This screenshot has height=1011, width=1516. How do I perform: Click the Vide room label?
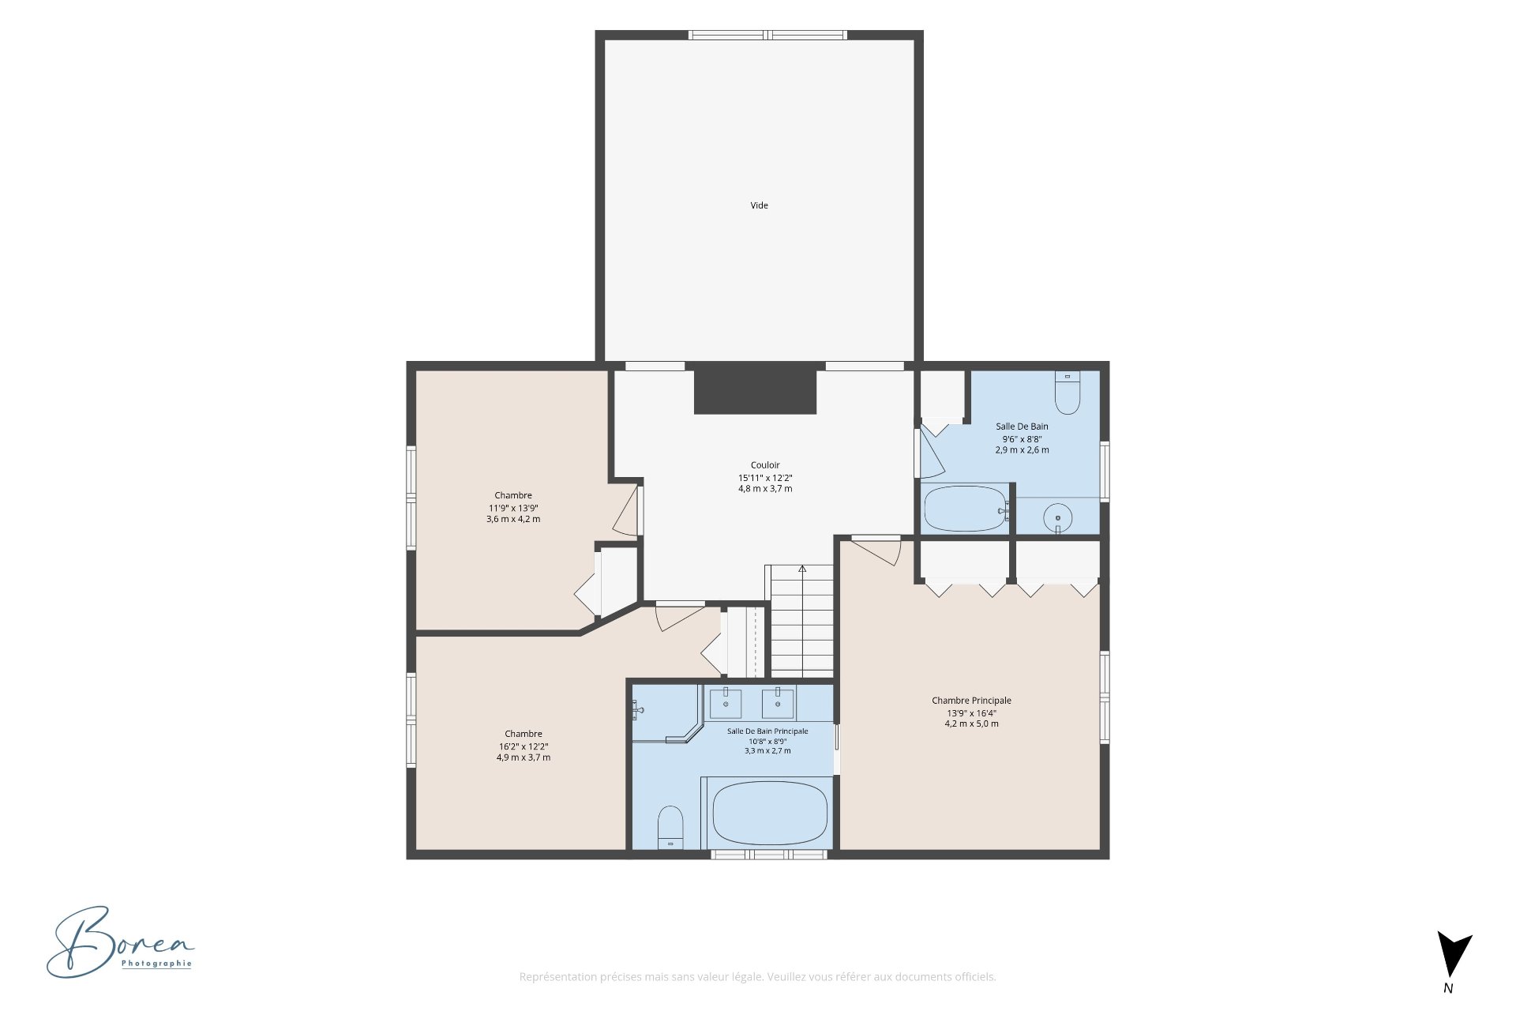point(759,205)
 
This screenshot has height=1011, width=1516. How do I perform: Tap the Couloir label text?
point(765,465)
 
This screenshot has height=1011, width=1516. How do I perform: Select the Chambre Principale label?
point(971,701)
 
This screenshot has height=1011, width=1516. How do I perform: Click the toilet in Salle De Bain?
point(1068,393)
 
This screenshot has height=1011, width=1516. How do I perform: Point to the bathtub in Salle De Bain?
point(965,509)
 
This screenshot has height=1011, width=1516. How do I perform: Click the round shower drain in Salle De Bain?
point(1058,518)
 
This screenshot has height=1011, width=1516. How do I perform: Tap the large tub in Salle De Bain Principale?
point(770,814)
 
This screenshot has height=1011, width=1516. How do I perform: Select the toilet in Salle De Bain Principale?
point(670,828)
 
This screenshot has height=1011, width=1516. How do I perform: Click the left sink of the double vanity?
point(726,701)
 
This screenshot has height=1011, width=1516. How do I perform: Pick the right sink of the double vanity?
point(778,701)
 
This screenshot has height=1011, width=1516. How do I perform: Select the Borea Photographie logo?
point(120,942)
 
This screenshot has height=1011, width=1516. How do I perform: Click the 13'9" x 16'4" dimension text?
point(971,713)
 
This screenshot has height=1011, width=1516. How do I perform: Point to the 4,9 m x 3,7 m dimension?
point(523,757)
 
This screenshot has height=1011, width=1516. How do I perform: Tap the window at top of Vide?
point(767,35)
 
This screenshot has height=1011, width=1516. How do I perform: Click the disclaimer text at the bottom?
point(757,977)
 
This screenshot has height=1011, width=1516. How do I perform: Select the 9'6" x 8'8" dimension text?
point(1023,439)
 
